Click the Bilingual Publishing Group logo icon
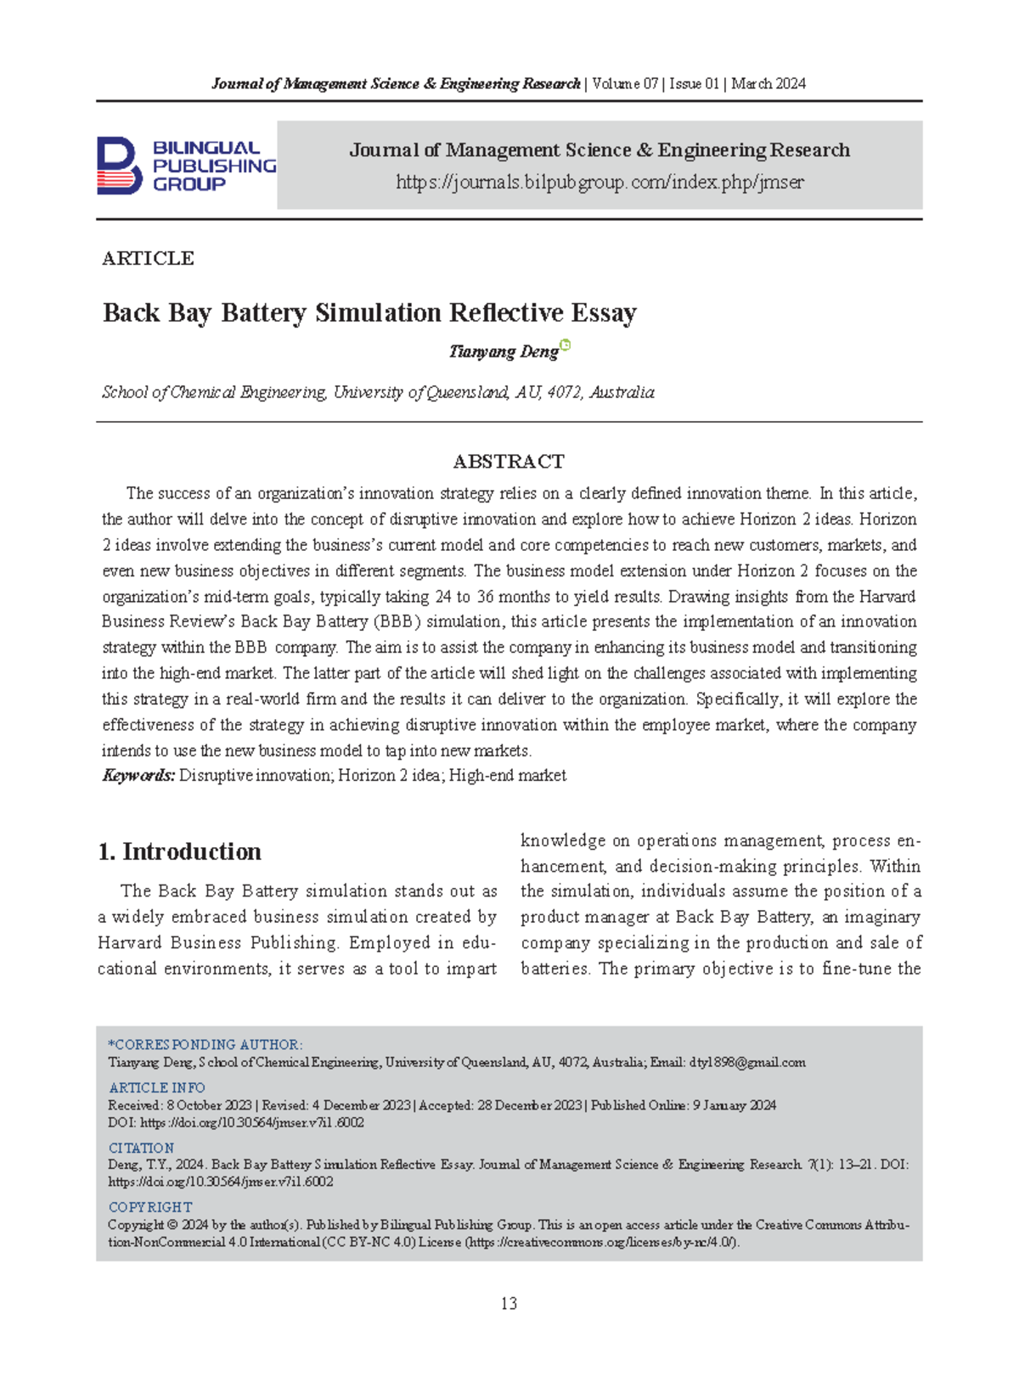click(x=119, y=166)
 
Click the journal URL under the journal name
click(x=600, y=183)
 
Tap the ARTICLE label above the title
click(x=148, y=258)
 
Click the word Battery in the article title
click(x=263, y=313)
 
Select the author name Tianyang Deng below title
click(x=503, y=351)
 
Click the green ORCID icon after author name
click(x=566, y=345)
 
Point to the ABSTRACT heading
click(x=509, y=462)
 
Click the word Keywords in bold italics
click(x=138, y=775)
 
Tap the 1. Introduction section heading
click(x=180, y=851)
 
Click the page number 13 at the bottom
click(x=509, y=1303)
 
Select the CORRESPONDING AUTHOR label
click(x=205, y=1044)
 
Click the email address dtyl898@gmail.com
click(x=747, y=1062)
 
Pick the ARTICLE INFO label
click(x=157, y=1087)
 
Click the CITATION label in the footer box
click(x=141, y=1148)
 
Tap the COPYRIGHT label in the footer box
click(x=150, y=1207)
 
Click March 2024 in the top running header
click(x=768, y=83)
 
